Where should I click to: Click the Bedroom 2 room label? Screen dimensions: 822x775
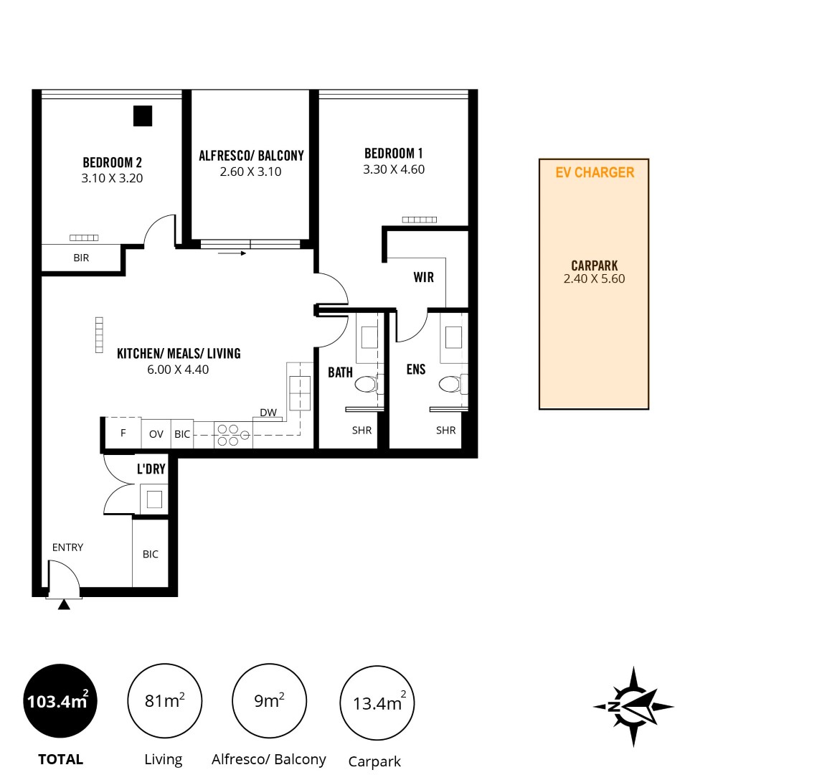click(x=112, y=163)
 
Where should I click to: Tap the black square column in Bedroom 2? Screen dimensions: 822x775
click(x=143, y=116)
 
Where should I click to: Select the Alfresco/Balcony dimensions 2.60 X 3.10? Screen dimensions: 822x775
click(x=250, y=172)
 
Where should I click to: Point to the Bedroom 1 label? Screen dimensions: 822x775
click(x=394, y=154)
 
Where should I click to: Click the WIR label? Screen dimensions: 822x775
click(x=424, y=278)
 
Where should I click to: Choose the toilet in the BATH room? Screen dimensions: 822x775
click(x=367, y=385)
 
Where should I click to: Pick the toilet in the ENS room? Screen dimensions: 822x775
click(x=450, y=385)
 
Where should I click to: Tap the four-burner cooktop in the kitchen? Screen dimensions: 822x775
click(x=233, y=435)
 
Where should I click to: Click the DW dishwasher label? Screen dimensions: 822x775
click(x=268, y=413)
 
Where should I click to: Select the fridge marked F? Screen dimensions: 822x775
click(x=123, y=433)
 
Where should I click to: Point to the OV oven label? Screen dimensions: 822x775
click(x=156, y=434)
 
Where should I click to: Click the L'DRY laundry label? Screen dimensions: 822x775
click(x=151, y=469)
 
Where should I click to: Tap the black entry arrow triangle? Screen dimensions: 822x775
click(x=64, y=605)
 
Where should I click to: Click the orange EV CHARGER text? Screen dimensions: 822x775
click(x=595, y=172)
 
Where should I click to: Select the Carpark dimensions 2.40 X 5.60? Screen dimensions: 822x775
click(x=594, y=279)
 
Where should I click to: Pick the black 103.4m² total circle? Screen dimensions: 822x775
click(x=60, y=701)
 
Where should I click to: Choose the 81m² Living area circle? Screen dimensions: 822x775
click(x=164, y=701)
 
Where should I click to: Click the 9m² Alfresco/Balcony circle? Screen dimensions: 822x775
click(x=269, y=701)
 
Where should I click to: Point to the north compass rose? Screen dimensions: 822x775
click(x=633, y=706)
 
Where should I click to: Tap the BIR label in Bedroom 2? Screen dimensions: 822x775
click(x=81, y=258)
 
